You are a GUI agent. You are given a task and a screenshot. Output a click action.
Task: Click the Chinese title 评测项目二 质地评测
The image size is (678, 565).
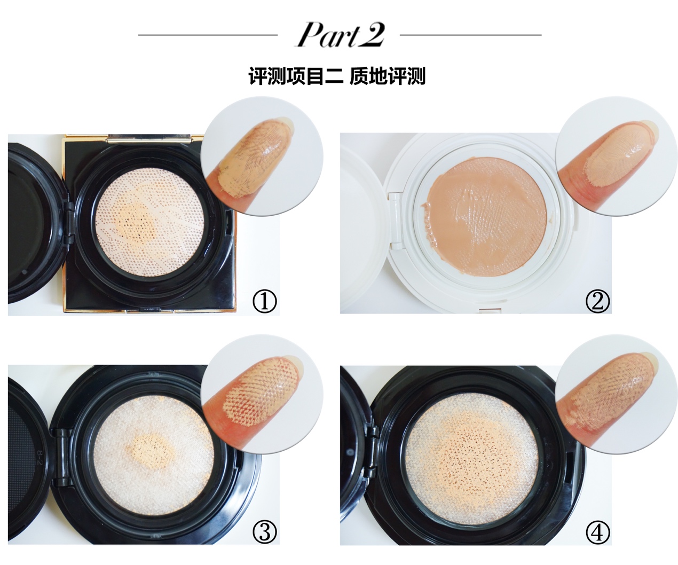pos(337,76)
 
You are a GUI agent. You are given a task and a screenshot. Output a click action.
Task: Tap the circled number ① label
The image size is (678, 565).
pos(265,302)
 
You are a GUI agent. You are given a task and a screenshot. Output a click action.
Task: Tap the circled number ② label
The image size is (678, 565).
pos(597,302)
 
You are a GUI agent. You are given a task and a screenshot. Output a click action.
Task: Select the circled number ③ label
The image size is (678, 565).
pos(265,532)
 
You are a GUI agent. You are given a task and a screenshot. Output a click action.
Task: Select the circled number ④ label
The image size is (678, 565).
pos(597,532)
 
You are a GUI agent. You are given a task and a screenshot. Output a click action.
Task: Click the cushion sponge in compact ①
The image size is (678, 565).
pos(149,223)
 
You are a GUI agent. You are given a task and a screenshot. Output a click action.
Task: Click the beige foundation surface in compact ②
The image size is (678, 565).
pos(486,216)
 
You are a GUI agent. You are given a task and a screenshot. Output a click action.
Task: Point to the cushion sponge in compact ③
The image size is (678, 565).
pos(154,455)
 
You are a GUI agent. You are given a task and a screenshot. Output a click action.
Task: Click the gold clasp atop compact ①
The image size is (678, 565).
pos(149,138)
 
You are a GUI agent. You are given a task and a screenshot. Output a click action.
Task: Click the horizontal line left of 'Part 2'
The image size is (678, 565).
pos(208,35)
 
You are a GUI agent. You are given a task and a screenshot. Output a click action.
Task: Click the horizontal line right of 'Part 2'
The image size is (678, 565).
pos(471,35)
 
